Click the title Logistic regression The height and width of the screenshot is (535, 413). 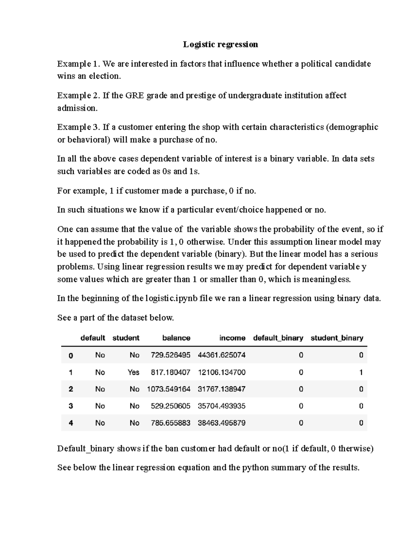click(220, 44)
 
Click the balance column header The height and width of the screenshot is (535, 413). click(176, 338)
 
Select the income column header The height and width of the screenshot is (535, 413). click(232, 338)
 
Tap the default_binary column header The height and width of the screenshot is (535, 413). click(278, 338)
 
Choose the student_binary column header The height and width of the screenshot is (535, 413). click(337, 338)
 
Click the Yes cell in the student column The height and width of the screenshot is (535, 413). click(134, 372)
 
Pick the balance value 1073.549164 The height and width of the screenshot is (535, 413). click(169, 389)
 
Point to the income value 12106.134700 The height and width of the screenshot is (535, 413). click(222, 372)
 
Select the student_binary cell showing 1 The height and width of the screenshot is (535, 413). click(361, 372)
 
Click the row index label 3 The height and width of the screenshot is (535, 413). click(71, 406)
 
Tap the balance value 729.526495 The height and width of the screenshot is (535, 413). click(170, 355)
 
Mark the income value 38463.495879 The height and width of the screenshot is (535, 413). click(222, 423)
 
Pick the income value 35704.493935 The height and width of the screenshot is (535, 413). click(222, 406)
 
